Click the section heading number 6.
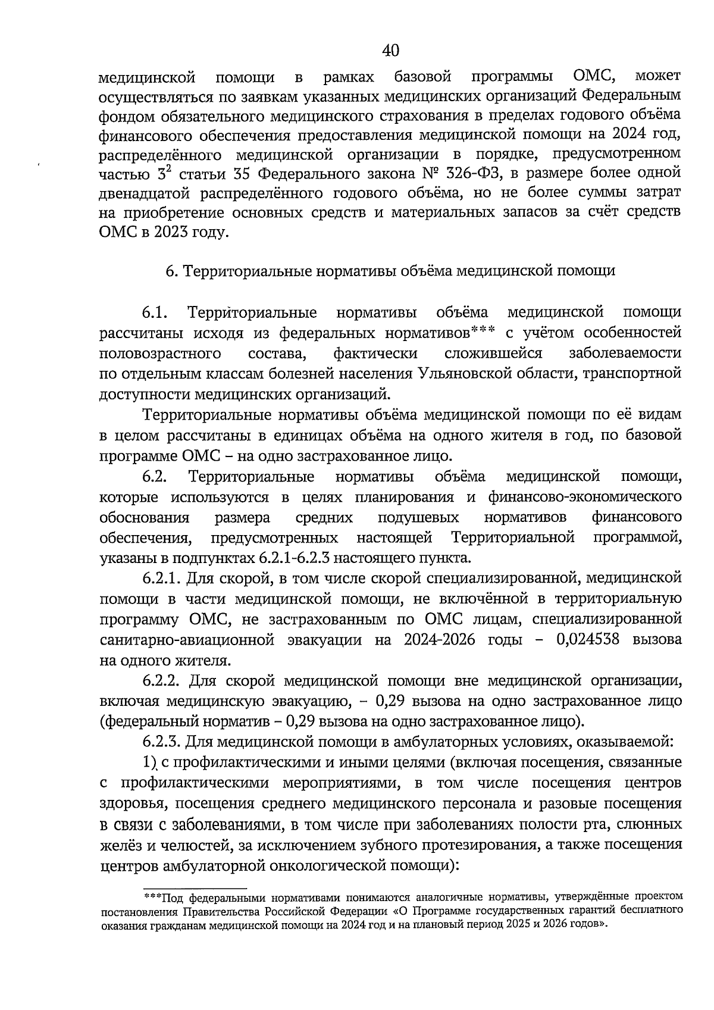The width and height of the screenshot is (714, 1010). pos(170,271)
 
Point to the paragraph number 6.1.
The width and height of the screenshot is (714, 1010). pos(157,312)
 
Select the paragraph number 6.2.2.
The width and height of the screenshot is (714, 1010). pos(162,680)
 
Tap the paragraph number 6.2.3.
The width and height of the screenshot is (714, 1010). pos(162,742)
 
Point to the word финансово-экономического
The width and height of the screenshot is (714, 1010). pos(584,497)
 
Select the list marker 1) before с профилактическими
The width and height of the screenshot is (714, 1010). pos(149,762)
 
